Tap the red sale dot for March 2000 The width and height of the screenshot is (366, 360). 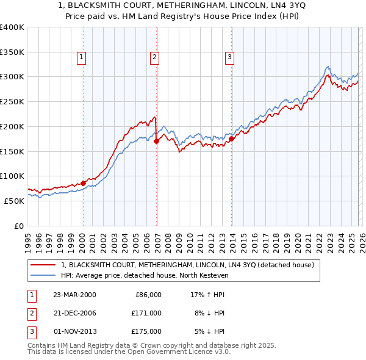coord(83,182)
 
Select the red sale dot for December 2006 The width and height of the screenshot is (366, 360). coord(156,141)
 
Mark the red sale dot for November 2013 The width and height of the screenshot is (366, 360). coord(232,139)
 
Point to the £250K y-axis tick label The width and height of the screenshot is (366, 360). coord(12,101)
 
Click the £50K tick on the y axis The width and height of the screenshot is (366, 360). coord(13,201)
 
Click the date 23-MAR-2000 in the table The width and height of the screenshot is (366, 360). coord(74,295)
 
